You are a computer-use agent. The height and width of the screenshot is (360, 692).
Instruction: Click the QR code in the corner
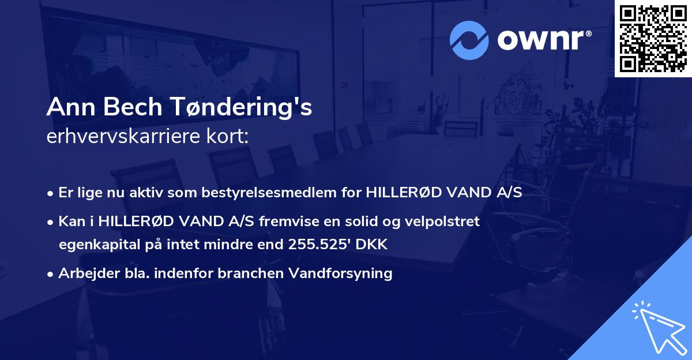click(653, 39)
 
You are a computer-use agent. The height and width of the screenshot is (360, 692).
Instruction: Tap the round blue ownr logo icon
click(469, 40)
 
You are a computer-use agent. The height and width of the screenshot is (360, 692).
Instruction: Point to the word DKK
click(373, 245)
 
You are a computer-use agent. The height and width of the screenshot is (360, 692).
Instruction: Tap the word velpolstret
click(445, 221)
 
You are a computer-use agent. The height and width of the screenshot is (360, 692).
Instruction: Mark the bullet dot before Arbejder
click(51, 274)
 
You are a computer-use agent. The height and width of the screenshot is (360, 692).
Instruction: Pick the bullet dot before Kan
click(51, 222)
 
